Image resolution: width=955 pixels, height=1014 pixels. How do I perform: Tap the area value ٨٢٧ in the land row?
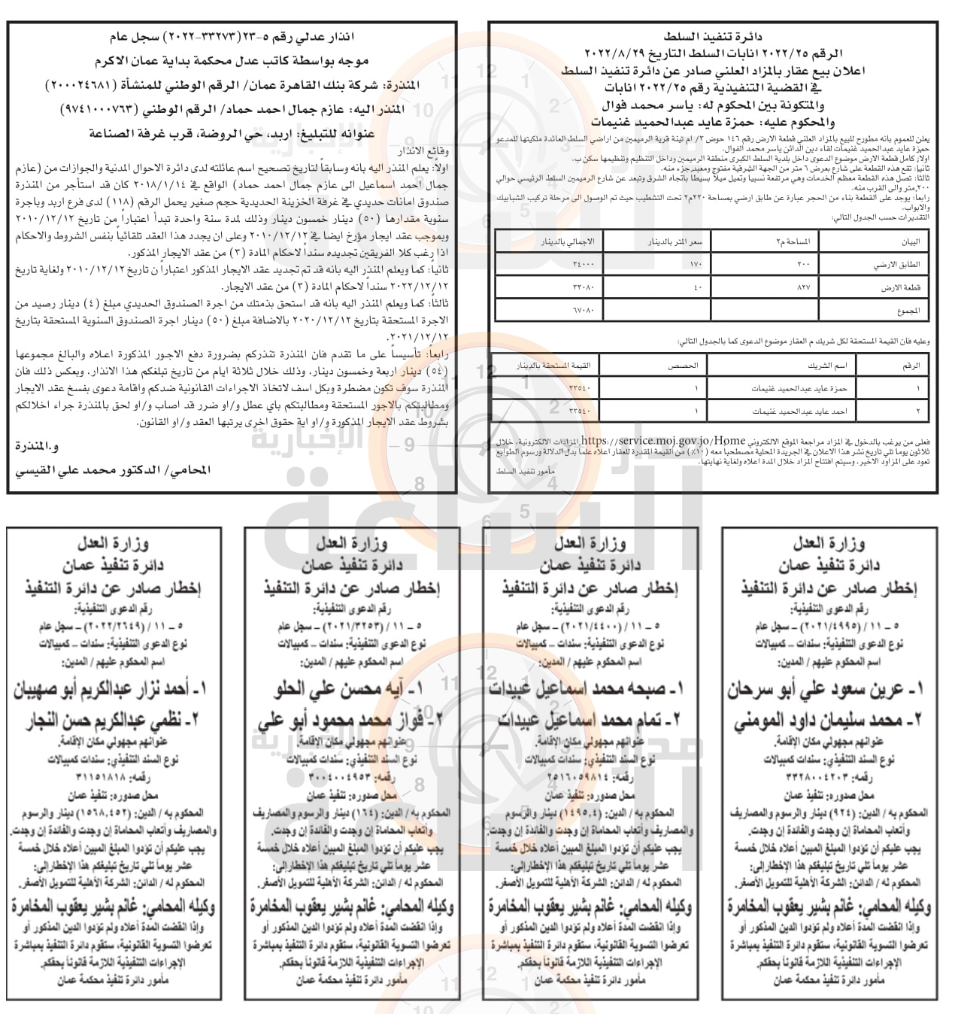coord(764,287)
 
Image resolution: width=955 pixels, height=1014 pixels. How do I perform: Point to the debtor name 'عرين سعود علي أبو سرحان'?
coord(823,690)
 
